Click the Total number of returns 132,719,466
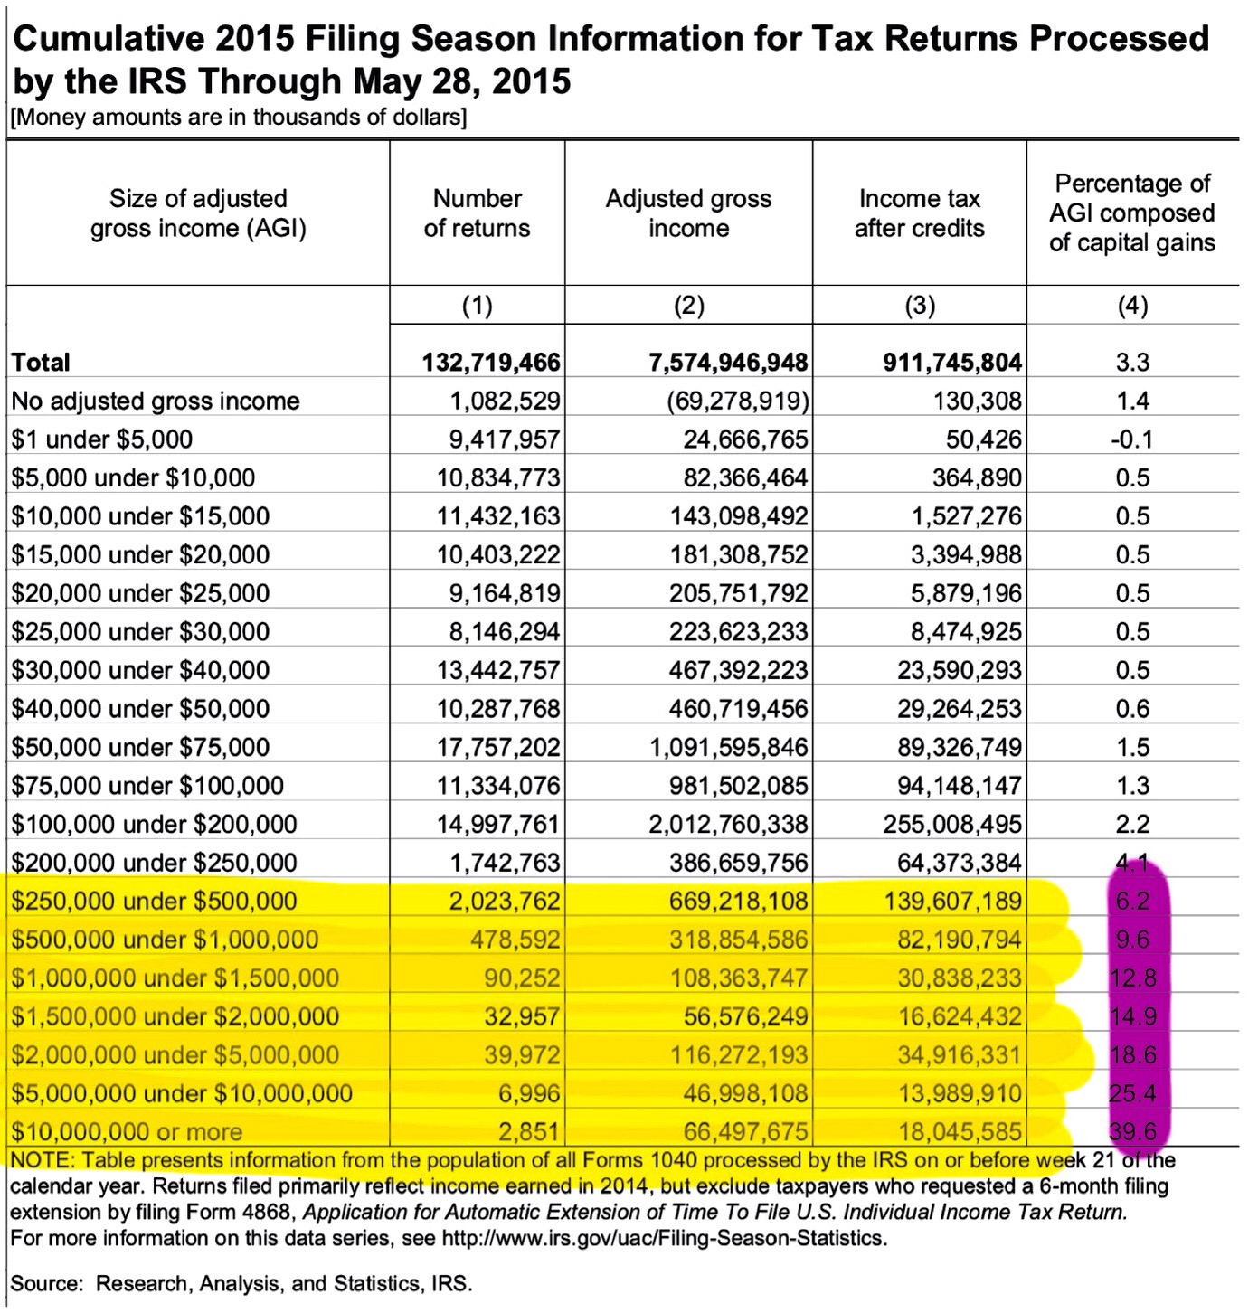[491, 363]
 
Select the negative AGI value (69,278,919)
[730, 401]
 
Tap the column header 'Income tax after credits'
[919, 213]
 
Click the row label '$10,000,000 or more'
[127, 1131]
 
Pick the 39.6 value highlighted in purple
[1132, 1131]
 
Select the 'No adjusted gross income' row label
[155, 401]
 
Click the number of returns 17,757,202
[498, 747]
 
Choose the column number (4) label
[1132, 306]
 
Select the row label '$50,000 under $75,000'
[140, 747]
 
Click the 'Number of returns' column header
[477, 213]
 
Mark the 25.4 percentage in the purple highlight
[1132, 1093]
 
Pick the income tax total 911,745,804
[952, 363]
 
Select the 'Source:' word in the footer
[47, 1282]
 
